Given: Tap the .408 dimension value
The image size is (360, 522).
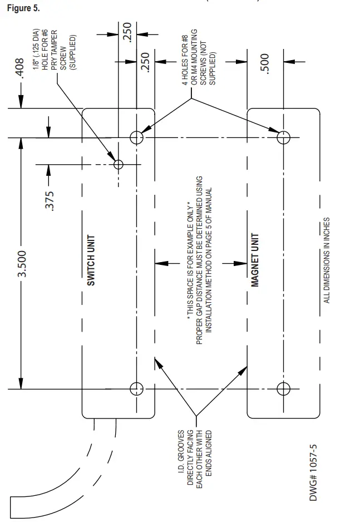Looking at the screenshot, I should click(x=21, y=70).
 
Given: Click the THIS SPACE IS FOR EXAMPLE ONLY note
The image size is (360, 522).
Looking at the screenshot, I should click(x=199, y=259).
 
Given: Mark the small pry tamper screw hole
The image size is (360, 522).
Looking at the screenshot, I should click(x=118, y=164).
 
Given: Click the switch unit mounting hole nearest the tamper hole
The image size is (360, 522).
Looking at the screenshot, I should click(x=136, y=137).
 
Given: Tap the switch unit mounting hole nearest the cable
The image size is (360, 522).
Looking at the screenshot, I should click(x=136, y=388).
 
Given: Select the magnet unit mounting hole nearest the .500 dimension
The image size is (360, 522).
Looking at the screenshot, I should click(x=283, y=137).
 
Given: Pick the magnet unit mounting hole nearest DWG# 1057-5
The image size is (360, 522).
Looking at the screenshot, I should click(x=283, y=388).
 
